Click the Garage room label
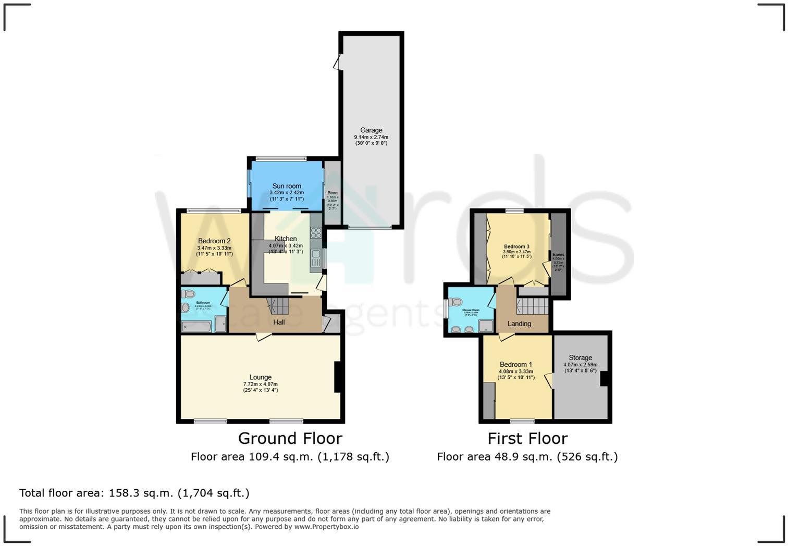point(371,130)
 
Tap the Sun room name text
point(287,186)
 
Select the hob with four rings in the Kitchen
point(316,232)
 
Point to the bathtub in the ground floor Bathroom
point(197,326)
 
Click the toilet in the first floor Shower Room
point(457,302)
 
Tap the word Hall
point(279,322)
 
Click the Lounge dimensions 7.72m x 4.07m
point(261,384)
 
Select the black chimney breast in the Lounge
point(338,377)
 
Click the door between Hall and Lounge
point(263,337)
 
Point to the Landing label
point(519,324)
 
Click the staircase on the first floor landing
point(532,306)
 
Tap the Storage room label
point(580,357)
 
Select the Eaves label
point(558,255)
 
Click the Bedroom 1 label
point(516,364)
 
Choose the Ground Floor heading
point(290,438)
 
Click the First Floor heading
point(527,438)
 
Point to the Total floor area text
point(134,493)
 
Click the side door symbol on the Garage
point(338,63)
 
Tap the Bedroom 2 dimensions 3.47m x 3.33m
point(214,248)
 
